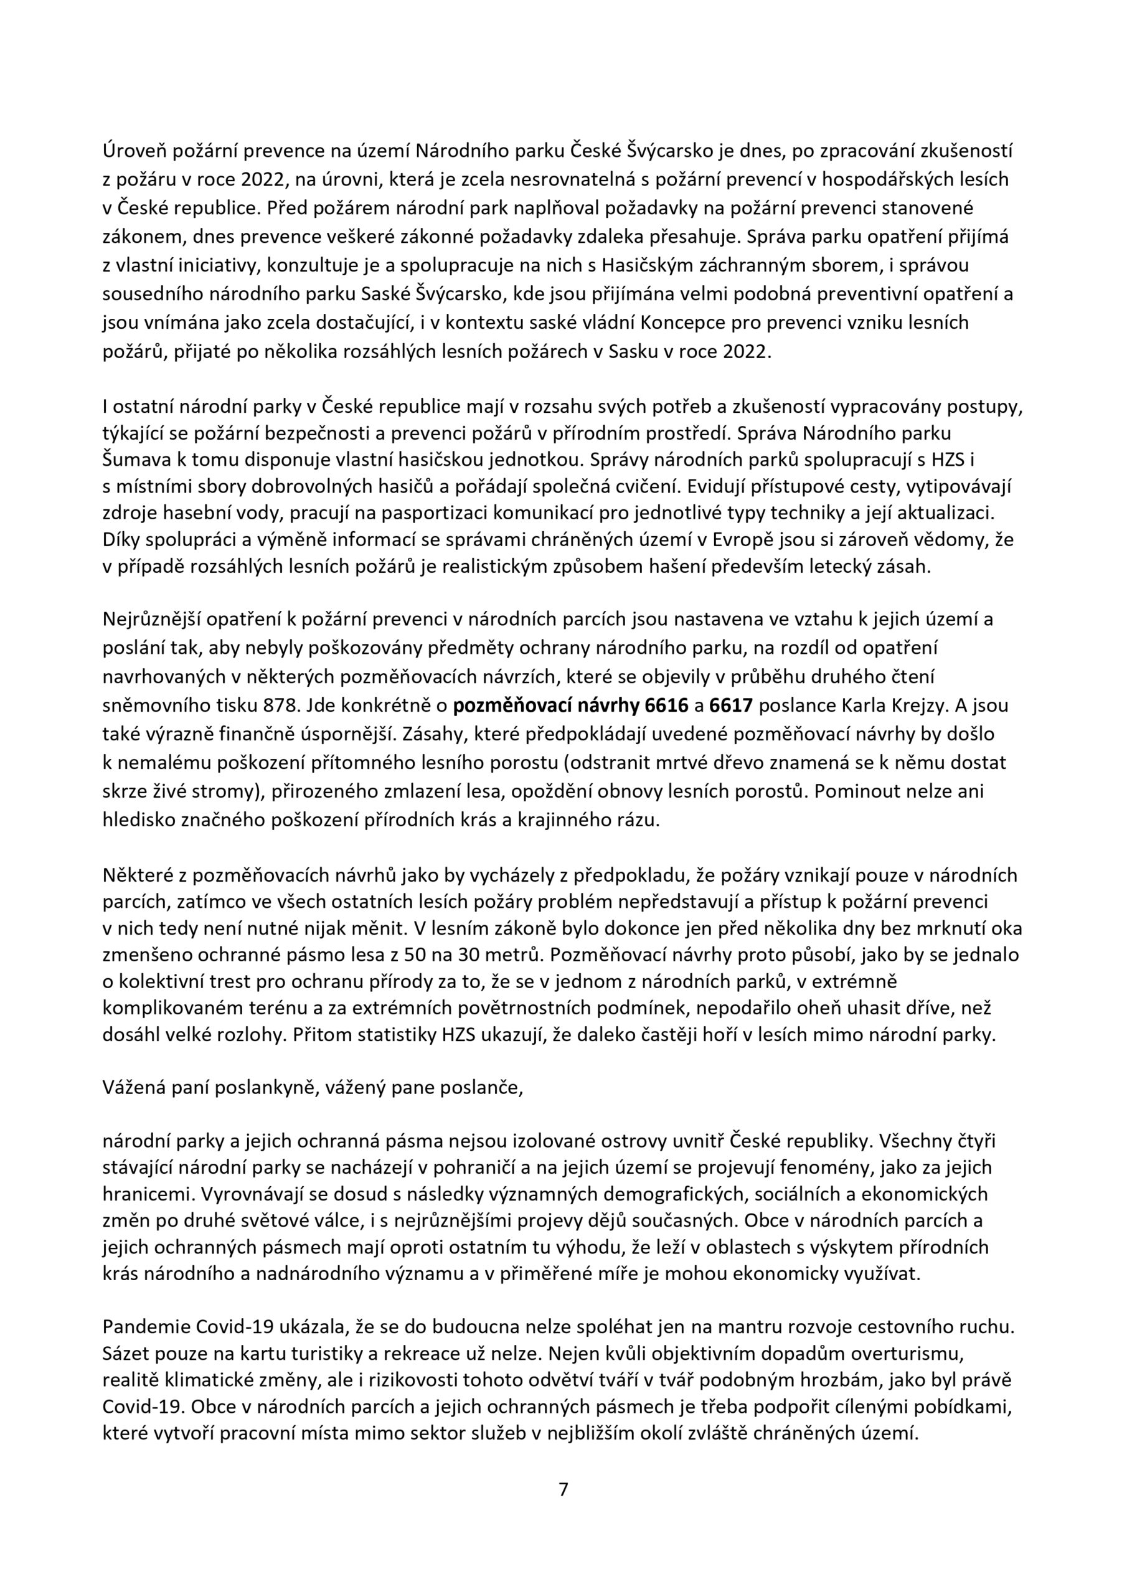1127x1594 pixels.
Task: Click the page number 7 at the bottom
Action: (563, 1489)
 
